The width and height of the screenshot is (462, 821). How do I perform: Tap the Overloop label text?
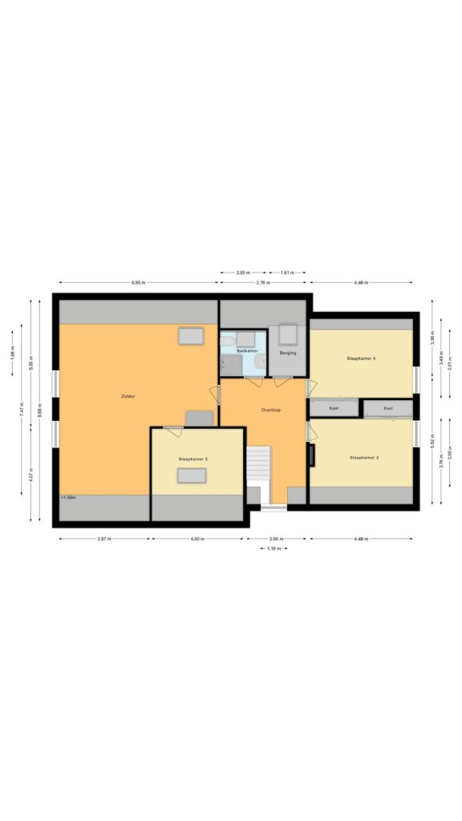click(x=270, y=410)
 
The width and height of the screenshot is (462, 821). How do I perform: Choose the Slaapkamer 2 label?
click(x=364, y=458)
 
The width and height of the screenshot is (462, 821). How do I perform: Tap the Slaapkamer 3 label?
click(x=193, y=459)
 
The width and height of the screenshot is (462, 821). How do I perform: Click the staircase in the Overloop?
click(x=259, y=464)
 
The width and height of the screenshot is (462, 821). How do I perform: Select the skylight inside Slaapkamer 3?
click(x=192, y=475)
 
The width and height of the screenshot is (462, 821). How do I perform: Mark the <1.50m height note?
click(x=67, y=498)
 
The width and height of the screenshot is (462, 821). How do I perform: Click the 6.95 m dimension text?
click(x=138, y=282)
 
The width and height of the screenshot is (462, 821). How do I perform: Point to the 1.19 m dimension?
click(x=274, y=549)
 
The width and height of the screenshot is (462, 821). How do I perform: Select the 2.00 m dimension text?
click(x=244, y=273)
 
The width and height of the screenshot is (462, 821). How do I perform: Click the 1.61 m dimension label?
click(x=287, y=273)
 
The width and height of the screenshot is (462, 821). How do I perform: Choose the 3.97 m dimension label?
click(x=103, y=539)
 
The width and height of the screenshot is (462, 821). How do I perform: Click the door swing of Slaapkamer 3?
click(x=173, y=431)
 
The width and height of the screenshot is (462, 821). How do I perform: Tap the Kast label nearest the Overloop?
click(x=334, y=408)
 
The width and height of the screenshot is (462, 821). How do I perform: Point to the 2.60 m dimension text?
click(x=276, y=539)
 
